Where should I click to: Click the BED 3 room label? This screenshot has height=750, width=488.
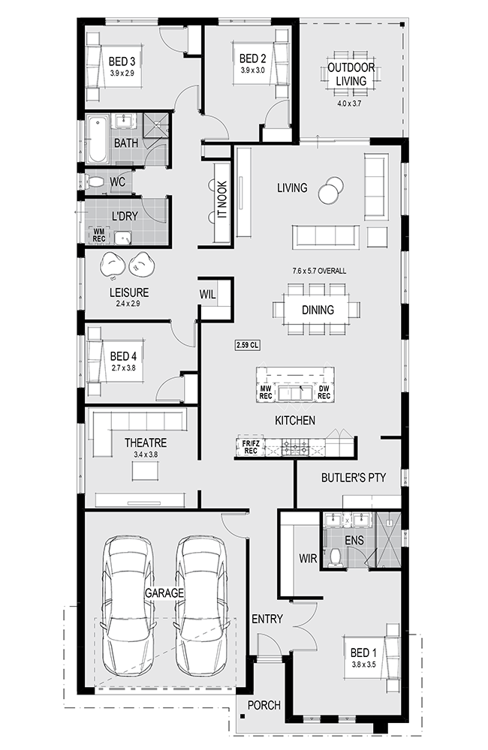(x=122, y=61)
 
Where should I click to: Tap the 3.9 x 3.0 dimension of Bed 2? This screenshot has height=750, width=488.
(x=252, y=70)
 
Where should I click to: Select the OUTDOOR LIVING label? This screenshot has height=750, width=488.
(x=351, y=74)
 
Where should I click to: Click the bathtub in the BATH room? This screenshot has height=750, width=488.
(x=97, y=139)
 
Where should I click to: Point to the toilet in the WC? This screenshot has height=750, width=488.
(x=95, y=181)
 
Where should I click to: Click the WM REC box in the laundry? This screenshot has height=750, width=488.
(x=98, y=235)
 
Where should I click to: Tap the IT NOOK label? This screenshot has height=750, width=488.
(x=222, y=199)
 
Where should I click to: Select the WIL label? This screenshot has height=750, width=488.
(x=207, y=295)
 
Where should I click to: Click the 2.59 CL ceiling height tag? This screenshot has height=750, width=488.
(x=248, y=345)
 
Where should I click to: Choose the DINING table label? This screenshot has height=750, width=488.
(x=318, y=310)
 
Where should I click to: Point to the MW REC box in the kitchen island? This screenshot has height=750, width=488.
(x=265, y=392)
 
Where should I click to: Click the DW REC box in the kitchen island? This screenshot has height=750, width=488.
(x=324, y=392)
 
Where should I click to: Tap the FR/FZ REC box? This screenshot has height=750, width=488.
(x=251, y=447)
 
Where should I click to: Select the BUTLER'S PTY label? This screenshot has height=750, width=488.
(x=354, y=477)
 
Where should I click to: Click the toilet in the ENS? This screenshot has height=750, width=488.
(x=336, y=556)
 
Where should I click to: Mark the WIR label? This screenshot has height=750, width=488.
(x=308, y=558)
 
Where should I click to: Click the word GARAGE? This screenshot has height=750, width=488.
(x=164, y=593)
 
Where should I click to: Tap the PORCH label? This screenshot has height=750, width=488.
(x=264, y=705)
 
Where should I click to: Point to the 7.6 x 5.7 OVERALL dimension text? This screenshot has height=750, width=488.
(x=319, y=271)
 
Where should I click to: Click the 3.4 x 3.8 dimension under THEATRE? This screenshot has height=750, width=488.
(x=146, y=454)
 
